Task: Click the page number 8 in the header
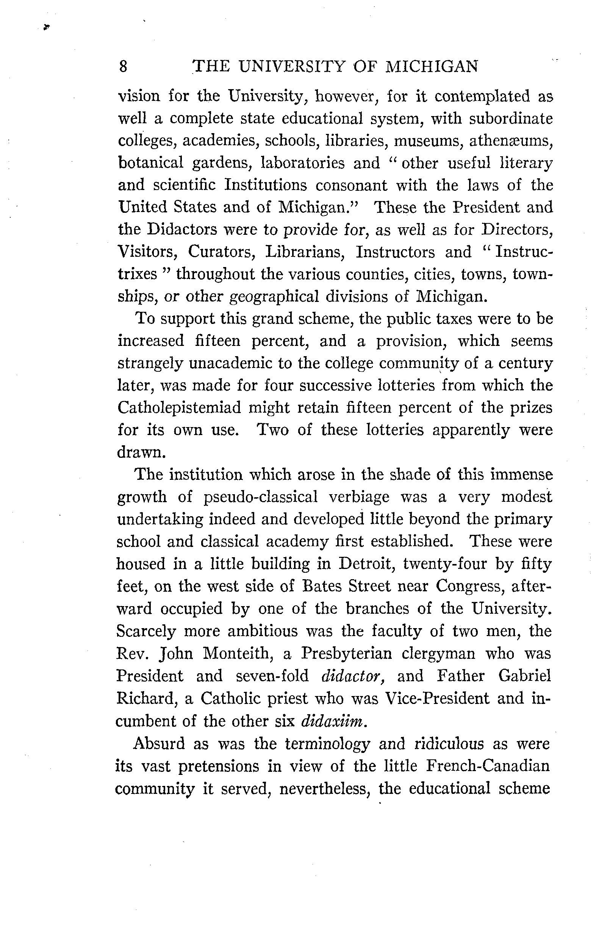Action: [x=123, y=67]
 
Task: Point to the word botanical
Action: [x=150, y=163]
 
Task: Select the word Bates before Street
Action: [x=322, y=586]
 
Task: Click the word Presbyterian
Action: [x=346, y=654]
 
